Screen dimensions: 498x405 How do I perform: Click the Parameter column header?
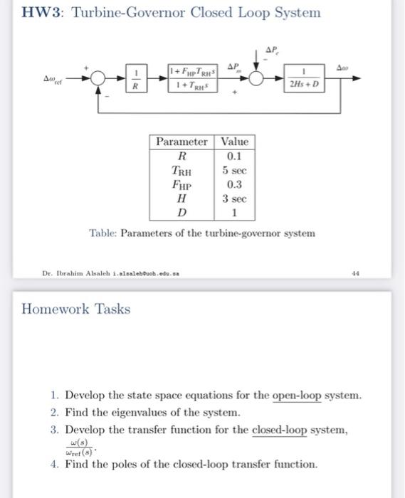tap(182, 142)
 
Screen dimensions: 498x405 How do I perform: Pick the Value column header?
tap(235, 142)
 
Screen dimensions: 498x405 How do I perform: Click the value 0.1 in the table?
tap(234, 156)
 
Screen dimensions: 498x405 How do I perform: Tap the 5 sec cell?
tap(234, 170)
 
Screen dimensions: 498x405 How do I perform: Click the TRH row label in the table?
tap(182, 170)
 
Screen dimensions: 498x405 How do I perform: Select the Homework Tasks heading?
tap(76, 309)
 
